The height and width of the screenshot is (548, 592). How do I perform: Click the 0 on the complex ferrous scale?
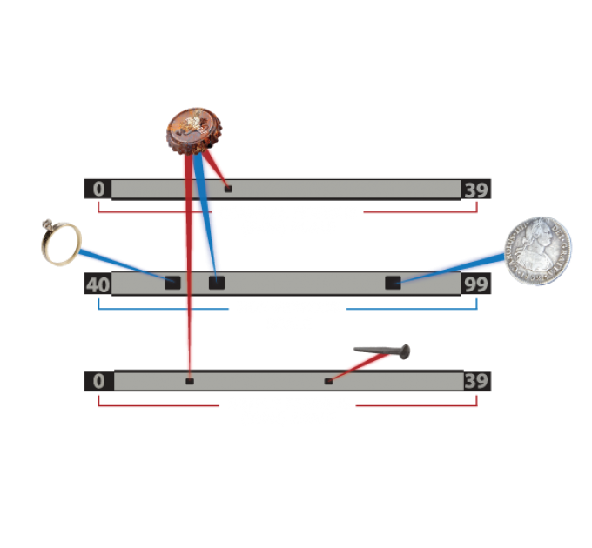pyautogui.click(x=98, y=189)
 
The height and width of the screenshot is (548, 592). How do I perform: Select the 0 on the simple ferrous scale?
pyautogui.click(x=98, y=381)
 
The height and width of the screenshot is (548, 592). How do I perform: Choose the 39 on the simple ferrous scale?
pyautogui.click(x=476, y=381)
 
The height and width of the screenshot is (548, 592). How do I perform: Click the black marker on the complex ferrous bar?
pyautogui.click(x=229, y=188)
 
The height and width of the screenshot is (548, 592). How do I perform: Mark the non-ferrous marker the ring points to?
pyautogui.click(x=172, y=282)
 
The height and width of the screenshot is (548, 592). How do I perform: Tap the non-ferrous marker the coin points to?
pyautogui.click(x=394, y=282)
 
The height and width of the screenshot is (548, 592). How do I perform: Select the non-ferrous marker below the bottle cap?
pyautogui.click(x=216, y=282)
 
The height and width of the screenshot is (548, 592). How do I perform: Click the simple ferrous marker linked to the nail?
pyautogui.click(x=328, y=381)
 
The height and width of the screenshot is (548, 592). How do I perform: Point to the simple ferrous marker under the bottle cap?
pyautogui.click(x=189, y=381)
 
